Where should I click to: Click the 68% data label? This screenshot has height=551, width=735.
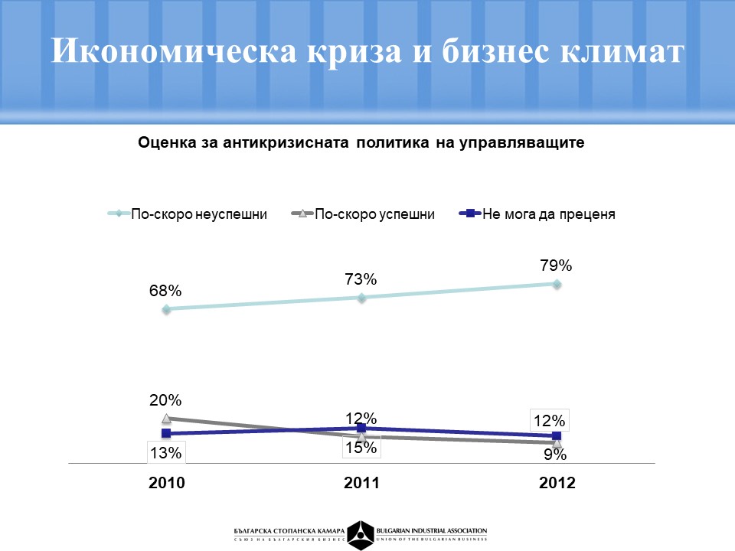165,291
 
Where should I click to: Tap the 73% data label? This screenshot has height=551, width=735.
361,279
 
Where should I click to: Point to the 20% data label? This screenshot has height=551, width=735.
165,400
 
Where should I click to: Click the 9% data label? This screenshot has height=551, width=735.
556,455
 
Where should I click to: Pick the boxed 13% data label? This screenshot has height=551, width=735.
165,452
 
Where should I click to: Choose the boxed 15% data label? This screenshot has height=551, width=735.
361,448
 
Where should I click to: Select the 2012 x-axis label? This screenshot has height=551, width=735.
557,484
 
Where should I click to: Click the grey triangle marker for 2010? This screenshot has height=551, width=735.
165,419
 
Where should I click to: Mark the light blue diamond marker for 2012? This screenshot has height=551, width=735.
557,284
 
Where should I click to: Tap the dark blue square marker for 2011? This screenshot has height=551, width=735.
361,428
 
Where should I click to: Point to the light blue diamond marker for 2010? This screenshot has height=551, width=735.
165,309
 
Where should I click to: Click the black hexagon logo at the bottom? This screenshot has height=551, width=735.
361,533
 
